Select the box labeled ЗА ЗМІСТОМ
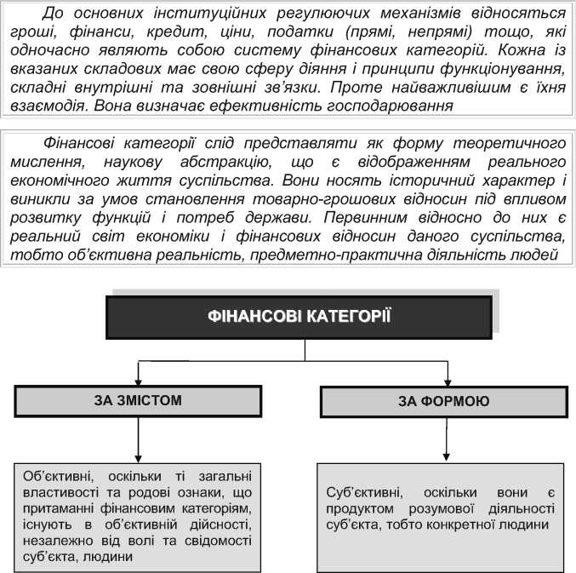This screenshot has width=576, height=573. (138, 400)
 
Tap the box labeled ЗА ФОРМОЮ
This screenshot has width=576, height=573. (443, 400)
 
